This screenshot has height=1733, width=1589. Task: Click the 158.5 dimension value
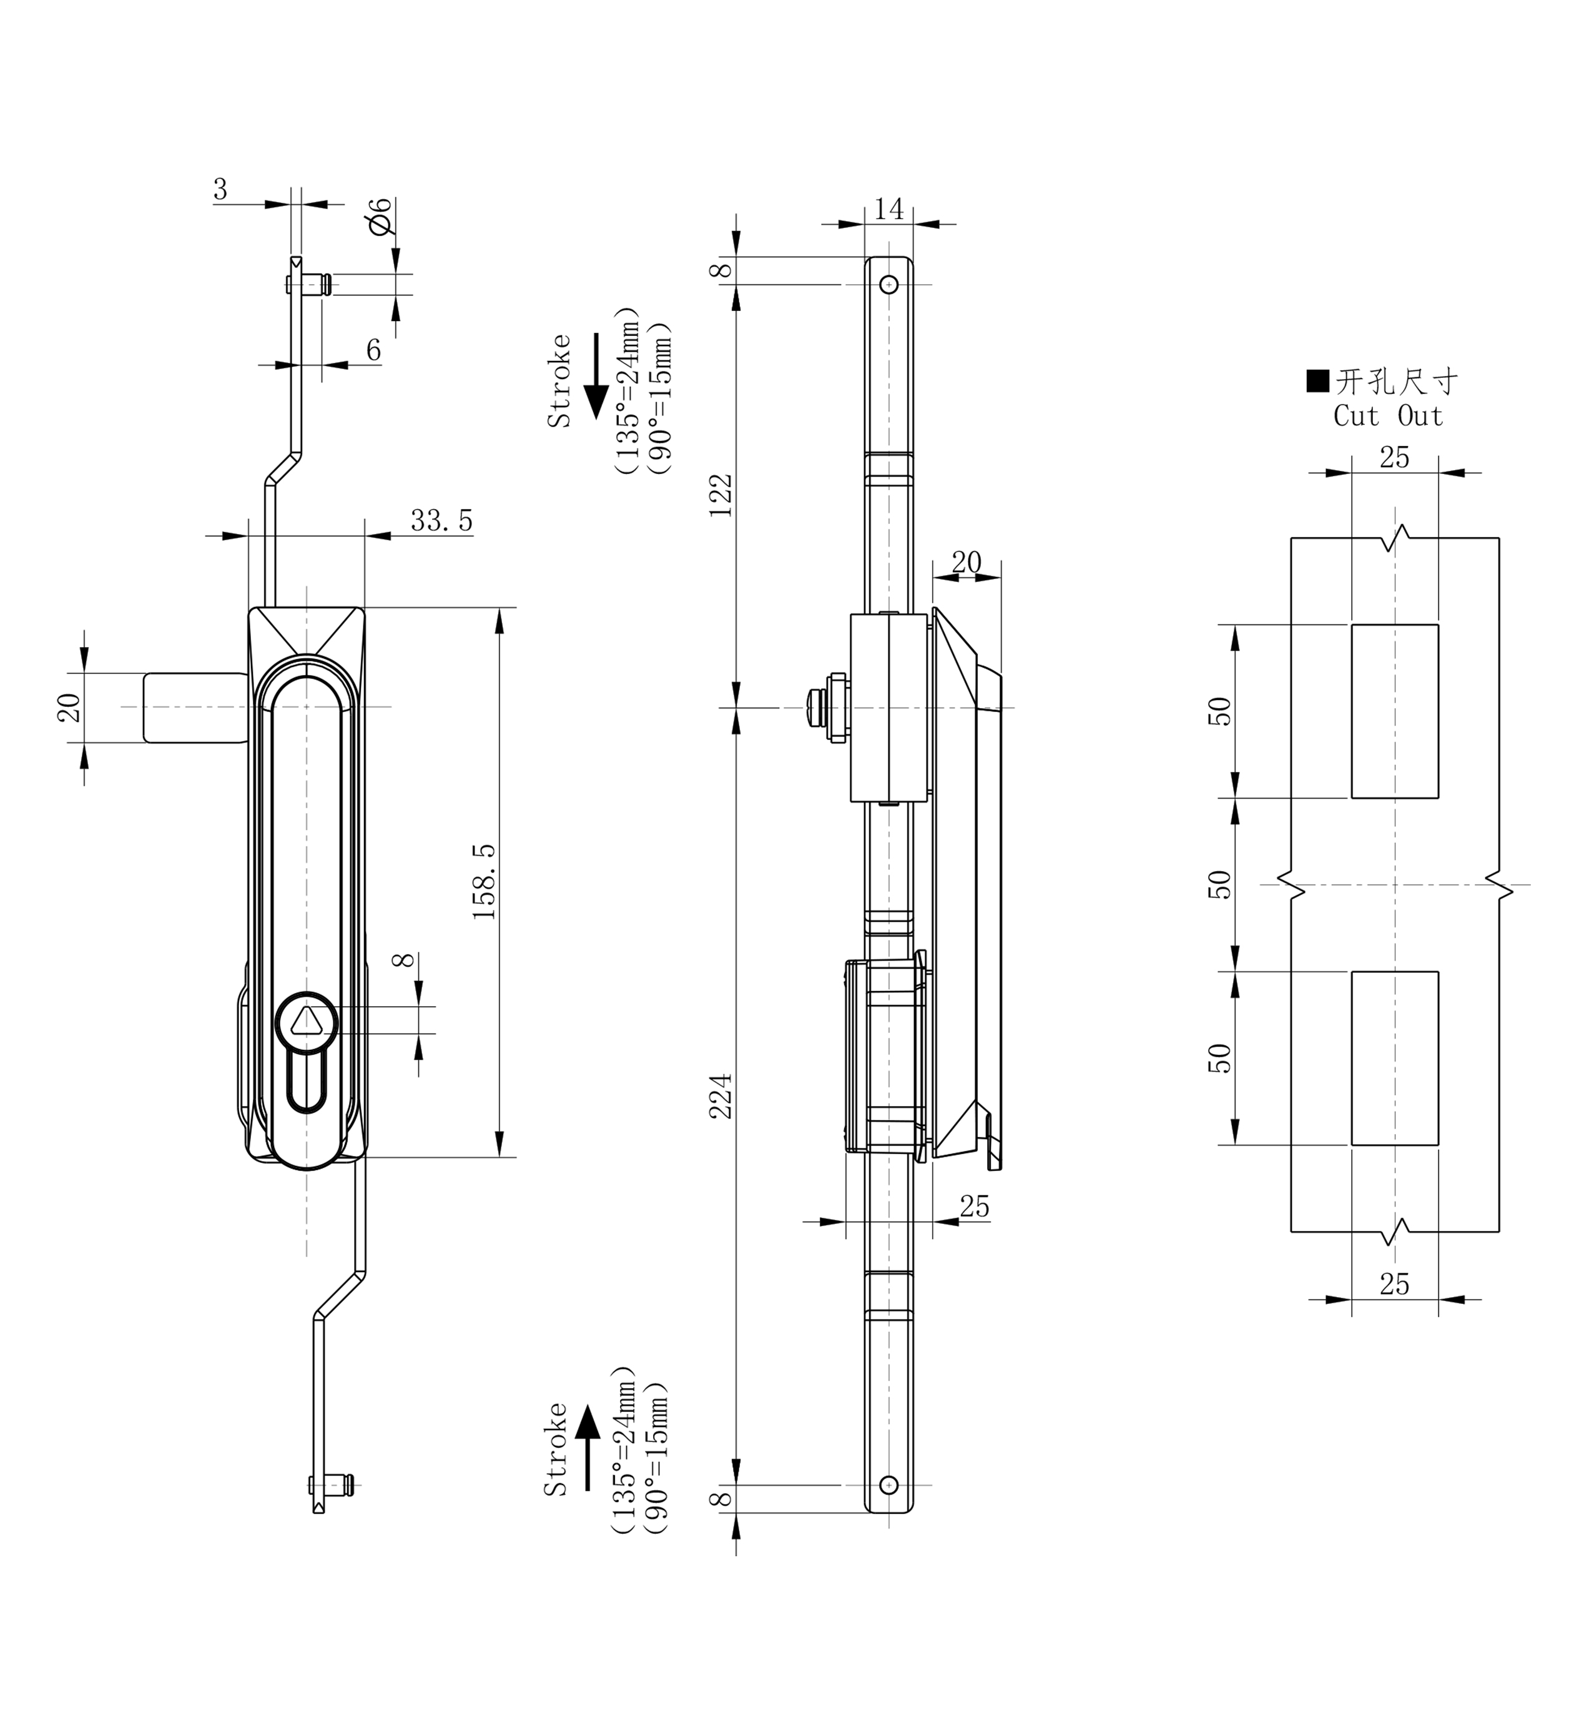(484, 882)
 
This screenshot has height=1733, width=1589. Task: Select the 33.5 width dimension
(441, 520)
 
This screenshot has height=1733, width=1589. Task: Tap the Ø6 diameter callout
(379, 216)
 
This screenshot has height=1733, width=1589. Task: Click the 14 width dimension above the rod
(889, 209)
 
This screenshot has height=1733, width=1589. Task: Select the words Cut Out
(1388, 417)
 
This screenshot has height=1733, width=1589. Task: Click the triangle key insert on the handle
(306, 1022)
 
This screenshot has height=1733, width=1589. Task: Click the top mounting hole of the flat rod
(889, 284)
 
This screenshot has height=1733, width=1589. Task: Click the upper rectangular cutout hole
(1395, 711)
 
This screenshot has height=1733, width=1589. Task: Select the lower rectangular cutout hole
(1395, 1058)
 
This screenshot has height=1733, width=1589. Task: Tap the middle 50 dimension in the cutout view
(1220, 884)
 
